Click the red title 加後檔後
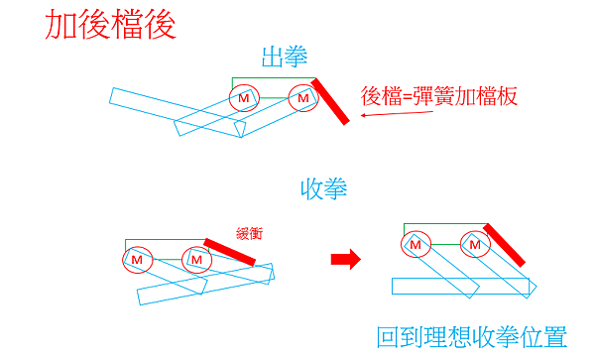click(110, 25)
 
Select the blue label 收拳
click(323, 187)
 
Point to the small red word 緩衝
click(248, 230)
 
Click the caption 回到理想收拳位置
click(472, 336)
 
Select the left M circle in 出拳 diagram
click(244, 98)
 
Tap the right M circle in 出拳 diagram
click(303, 98)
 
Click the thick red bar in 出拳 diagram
click(330, 101)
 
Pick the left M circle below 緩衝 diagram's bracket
click(137, 260)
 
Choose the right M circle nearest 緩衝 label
click(196, 260)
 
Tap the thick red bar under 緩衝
click(229, 252)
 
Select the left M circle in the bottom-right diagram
click(416, 244)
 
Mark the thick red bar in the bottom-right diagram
click(504, 250)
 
